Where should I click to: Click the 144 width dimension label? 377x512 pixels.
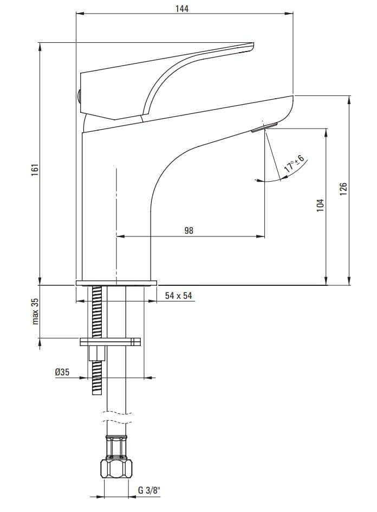coord(182,8)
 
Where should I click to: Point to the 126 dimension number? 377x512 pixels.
coord(343,189)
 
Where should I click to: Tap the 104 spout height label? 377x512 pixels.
coord(321,206)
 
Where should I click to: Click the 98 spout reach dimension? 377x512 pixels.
coord(189,231)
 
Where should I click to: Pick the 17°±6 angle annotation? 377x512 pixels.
coord(294,164)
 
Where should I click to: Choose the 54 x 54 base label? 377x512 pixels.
coord(179,296)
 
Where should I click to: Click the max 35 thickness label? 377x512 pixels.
coord(35,311)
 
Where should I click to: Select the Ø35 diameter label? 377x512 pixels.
coord(62,372)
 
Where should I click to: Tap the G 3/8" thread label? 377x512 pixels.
coord(149,490)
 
